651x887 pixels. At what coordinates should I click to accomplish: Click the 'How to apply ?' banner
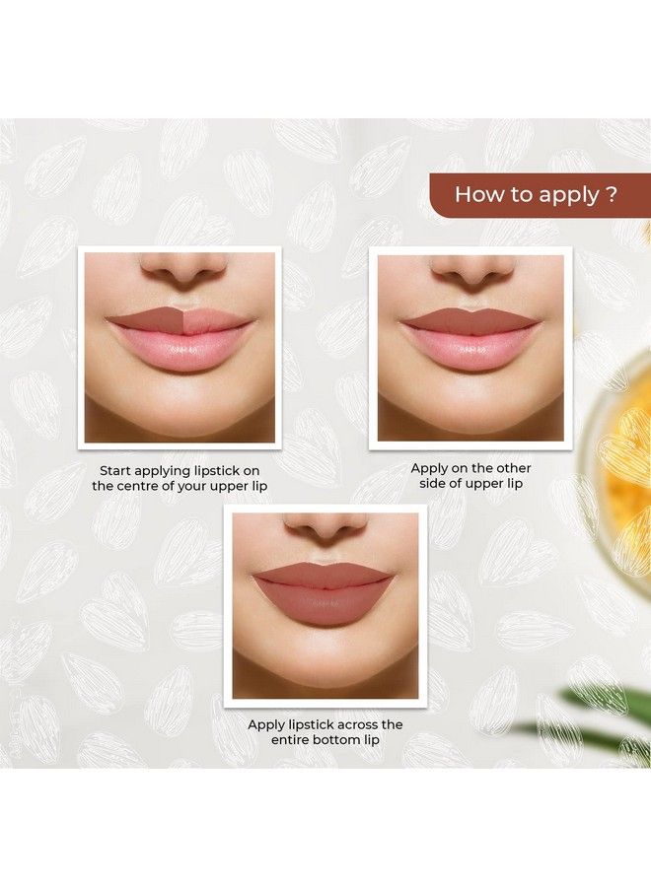coord(539,194)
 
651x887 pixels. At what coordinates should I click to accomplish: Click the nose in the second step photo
coord(470,269)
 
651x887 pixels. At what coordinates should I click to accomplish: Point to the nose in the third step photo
coord(326,528)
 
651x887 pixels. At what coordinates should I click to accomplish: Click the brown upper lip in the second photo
coord(470,321)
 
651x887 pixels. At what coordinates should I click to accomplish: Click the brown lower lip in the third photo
coord(325,605)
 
